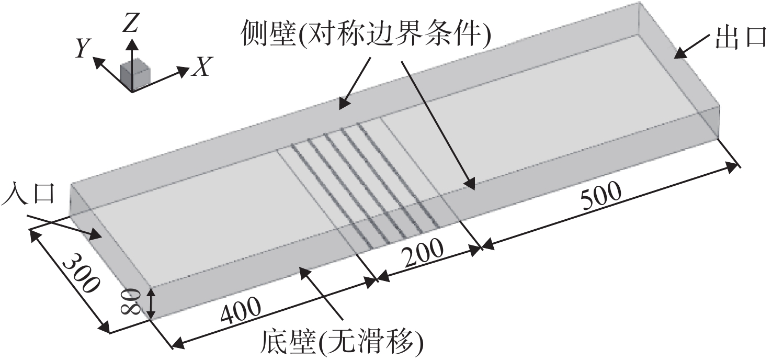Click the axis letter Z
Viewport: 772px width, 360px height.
pos(131,25)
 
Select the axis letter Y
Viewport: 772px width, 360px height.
pos(83,48)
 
